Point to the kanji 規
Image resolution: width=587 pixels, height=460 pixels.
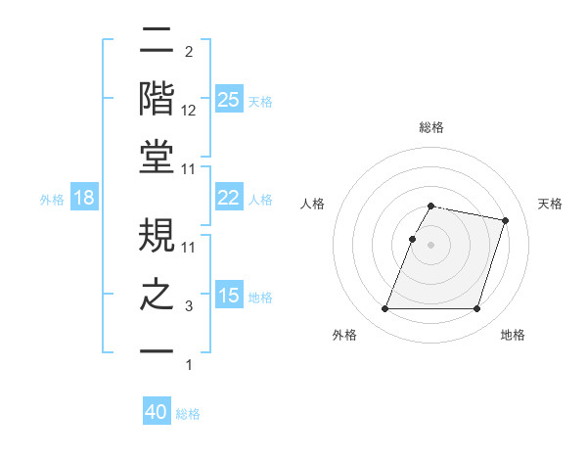pos(158,235)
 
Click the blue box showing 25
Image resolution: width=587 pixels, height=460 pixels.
pos(228,100)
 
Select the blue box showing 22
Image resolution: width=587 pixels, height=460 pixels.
pos(228,198)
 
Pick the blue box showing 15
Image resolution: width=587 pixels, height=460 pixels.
pos(228,296)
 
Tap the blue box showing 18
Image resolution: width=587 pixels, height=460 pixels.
pos(83,198)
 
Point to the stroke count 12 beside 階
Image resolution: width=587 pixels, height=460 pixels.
pos(189,111)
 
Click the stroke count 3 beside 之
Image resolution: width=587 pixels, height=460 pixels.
pos(189,307)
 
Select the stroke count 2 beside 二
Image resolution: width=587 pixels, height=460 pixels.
pos(189,51)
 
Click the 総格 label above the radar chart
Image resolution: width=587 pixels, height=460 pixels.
pos(431,127)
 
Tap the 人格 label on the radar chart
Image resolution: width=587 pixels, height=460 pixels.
pos(312,204)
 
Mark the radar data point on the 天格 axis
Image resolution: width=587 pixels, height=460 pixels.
pos(505,221)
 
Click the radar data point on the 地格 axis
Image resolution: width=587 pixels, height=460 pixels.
pos(476,309)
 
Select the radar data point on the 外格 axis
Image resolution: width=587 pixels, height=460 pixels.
pos(385,309)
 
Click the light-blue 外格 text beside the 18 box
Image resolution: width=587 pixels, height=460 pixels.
pos(52,199)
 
